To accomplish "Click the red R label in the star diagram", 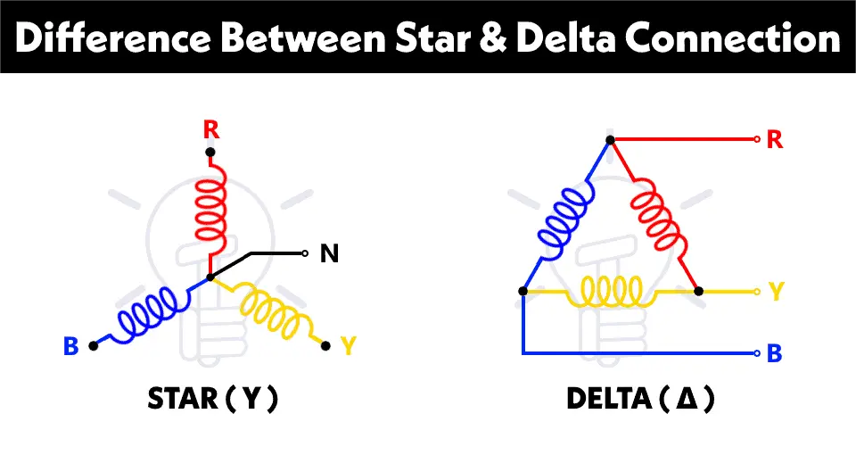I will click(x=210, y=130).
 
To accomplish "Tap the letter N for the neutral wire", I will click(x=329, y=254).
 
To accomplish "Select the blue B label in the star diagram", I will click(x=71, y=346).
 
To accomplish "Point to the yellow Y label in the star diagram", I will click(x=349, y=346).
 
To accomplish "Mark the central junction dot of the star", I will click(x=210, y=277).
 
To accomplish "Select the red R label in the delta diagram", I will click(x=775, y=140).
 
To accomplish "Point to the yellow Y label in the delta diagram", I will click(x=776, y=291).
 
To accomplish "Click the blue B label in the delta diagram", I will click(x=775, y=353).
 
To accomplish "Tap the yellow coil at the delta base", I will click(x=611, y=290).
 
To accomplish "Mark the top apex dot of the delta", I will click(x=610, y=140).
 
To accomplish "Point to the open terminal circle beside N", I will click(x=306, y=254).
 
